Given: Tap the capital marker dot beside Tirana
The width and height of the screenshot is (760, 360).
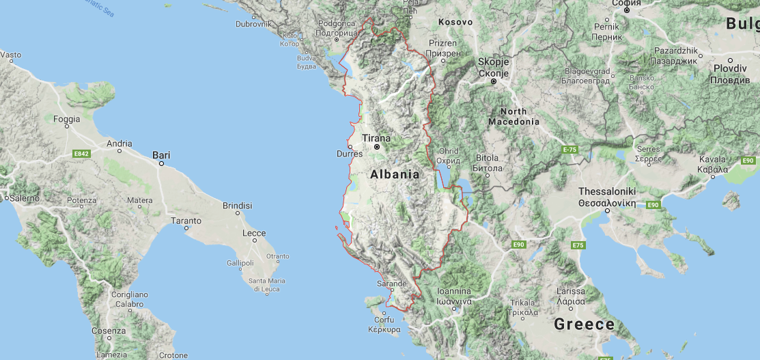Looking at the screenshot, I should [376, 146].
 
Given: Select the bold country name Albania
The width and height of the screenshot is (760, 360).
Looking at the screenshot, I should [395, 174].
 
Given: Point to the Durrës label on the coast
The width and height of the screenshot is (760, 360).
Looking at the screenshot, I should [350, 154].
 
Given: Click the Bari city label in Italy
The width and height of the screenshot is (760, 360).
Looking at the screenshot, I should [161, 155].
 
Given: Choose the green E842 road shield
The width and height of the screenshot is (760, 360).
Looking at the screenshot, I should [82, 154].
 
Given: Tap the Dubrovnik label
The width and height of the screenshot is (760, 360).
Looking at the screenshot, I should [253, 24].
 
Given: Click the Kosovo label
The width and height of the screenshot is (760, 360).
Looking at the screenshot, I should [455, 22].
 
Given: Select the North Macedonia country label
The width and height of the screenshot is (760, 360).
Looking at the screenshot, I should [513, 116].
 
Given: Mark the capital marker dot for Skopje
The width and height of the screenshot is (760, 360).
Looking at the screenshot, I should [494, 82].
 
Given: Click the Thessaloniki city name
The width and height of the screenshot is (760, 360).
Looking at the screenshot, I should [607, 192].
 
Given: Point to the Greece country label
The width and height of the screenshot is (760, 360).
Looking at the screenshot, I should [584, 324].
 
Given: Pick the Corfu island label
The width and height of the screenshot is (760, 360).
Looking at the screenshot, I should [384, 320].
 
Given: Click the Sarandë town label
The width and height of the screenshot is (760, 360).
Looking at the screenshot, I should [392, 283].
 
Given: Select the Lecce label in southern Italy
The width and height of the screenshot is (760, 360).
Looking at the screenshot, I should [253, 233].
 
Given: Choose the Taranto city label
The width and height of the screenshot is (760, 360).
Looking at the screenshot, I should [186, 221].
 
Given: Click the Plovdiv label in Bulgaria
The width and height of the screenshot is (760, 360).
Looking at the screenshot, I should [730, 69].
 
